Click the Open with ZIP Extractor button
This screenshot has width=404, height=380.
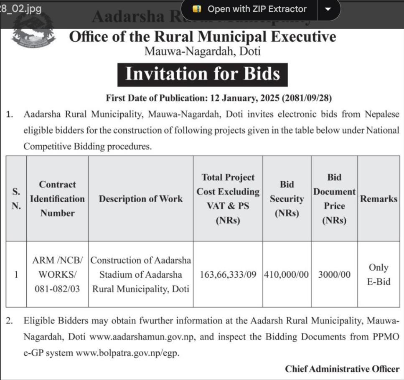pyautogui.click(x=250, y=9)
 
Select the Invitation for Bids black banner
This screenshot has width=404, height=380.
pyautogui.click(x=202, y=74)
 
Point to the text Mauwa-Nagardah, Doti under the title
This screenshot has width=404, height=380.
pyautogui.click(x=202, y=51)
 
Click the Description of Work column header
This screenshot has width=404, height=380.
pyautogui.click(x=141, y=199)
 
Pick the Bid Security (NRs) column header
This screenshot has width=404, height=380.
pyautogui.click(x=287, y=199)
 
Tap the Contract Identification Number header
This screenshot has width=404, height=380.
pyautogui.click(x=57, y=199)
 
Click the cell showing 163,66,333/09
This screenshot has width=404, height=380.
pyautogui.click(x=228, y=274)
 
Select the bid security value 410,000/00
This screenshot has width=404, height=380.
pyautogui.click(x=287, y=274)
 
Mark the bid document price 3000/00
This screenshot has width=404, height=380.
pyautogui.click(x=334, y=274)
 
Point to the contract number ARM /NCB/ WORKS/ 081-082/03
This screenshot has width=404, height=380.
pyautogui.click(x=57, y=274)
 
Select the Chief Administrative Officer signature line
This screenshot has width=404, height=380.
pyautogui.click(x=342, y=369)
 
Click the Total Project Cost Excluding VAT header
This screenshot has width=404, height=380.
pyautogui.click(x=228, y=199)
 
